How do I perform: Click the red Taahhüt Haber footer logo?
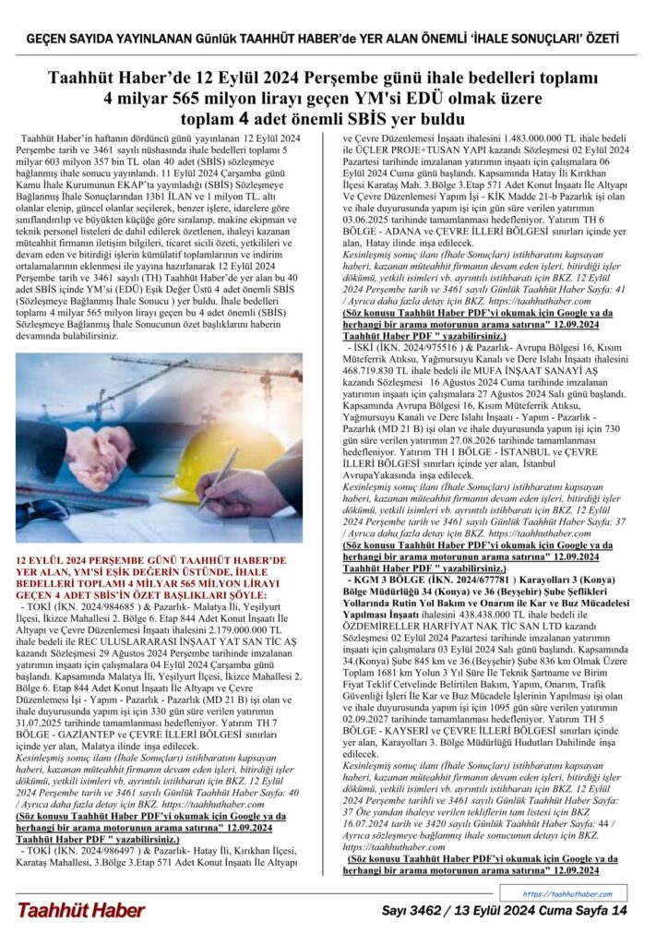81,910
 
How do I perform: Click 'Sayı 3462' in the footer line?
416,911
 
